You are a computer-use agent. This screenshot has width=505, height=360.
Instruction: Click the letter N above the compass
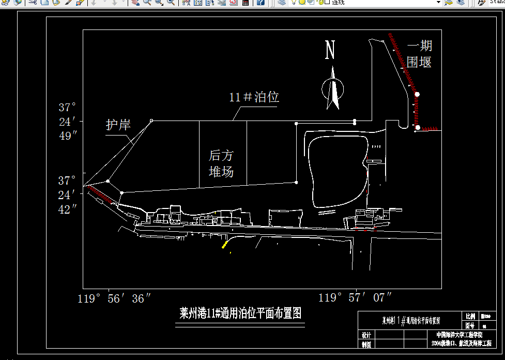(330, 50)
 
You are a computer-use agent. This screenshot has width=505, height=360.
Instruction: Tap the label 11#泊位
(254, 97)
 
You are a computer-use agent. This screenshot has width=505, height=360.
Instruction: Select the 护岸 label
(118, 125)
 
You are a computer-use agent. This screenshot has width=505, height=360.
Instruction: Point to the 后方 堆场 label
(221, 163)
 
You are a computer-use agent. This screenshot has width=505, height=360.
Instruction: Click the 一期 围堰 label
(419, 54)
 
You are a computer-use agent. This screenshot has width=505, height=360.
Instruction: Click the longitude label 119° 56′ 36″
(114, 298)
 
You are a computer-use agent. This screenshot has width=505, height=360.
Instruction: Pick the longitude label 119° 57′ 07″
(355, 297)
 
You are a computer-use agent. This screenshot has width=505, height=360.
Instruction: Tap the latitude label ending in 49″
(67, 122)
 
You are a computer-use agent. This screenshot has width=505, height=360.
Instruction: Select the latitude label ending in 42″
(67, 195)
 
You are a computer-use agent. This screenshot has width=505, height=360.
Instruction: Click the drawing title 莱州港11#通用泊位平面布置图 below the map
(240, 313)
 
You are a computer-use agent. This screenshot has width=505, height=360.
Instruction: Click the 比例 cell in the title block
(470, 317)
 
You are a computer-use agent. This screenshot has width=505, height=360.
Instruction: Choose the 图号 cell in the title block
(470, 326)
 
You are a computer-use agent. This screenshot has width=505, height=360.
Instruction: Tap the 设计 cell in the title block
(366, 335)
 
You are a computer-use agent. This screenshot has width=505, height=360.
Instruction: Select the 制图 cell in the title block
(366, 344)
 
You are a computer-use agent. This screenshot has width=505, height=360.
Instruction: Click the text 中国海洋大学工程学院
(459, 335)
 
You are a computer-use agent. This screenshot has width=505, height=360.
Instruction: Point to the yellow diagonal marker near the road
(225, 244)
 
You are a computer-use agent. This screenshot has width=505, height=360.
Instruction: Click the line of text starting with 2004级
(459, 343)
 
